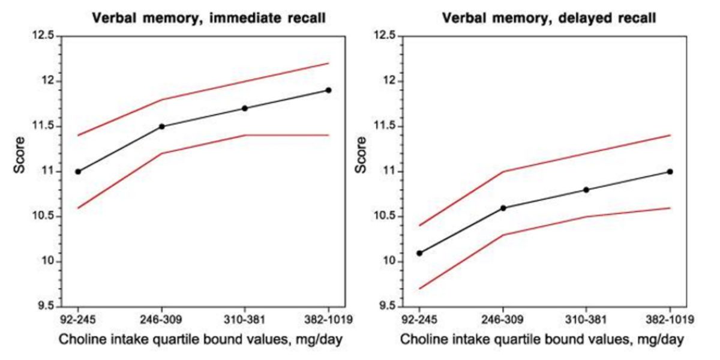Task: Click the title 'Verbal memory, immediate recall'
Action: point(209,18)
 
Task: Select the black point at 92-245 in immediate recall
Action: point(78,172)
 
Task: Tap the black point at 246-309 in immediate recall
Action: point(161,127)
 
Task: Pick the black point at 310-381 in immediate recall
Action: point(245,109)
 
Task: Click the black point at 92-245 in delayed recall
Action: point(419,253)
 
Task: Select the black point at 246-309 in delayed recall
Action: point(503,208)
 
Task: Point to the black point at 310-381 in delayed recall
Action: point(586,190)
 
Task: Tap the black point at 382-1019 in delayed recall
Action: point(670,172)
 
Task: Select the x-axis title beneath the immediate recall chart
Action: point(201,340)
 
